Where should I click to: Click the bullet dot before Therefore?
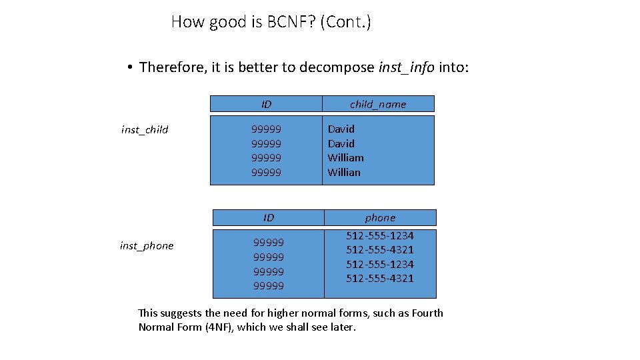tap(129, 67)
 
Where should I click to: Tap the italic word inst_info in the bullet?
tap(406, 67)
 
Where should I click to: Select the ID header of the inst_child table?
tap(266, 104)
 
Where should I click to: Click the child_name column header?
tap(378, 104)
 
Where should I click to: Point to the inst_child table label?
tap(145, 130)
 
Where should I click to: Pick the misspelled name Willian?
tap(343, 172)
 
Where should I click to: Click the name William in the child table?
tap(345, 158)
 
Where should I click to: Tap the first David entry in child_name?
tap(341, 129)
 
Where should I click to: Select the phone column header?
tap(380, 217)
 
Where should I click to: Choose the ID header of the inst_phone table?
tap(269, 217)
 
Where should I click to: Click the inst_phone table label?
tap(147, 246)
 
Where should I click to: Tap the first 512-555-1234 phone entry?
tap(379, 235)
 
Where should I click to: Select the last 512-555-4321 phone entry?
tap(379, 279)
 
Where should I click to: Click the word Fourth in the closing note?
tap(427, 313)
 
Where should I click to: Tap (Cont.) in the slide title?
tap(345, 22)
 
